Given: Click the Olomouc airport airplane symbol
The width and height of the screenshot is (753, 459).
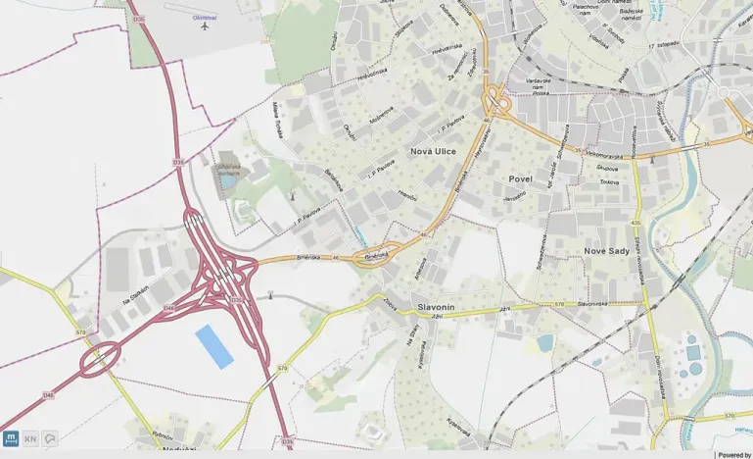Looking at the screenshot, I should coord(205,25).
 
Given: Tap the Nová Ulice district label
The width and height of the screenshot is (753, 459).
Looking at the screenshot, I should coord(433,151).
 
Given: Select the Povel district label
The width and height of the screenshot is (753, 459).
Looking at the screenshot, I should coord(520,179).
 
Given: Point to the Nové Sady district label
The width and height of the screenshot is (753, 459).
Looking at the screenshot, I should coord(607,252).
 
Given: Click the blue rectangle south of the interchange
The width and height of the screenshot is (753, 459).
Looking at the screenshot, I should coord(214,346).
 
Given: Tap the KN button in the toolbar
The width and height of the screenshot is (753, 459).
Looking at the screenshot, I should coord(30,438).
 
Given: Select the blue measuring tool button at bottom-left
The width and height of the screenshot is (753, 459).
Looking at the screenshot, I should coord(11,438).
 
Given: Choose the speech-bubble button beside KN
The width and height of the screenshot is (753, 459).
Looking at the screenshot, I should coord(50,438).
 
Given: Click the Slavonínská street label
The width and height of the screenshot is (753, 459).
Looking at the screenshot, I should coord(595,305).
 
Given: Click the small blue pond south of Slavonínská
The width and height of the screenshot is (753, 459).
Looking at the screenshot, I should coord(545,342).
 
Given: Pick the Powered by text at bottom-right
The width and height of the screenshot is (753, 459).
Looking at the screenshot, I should coord(733,455).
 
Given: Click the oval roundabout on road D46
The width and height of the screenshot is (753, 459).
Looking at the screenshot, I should coord(99,359).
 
